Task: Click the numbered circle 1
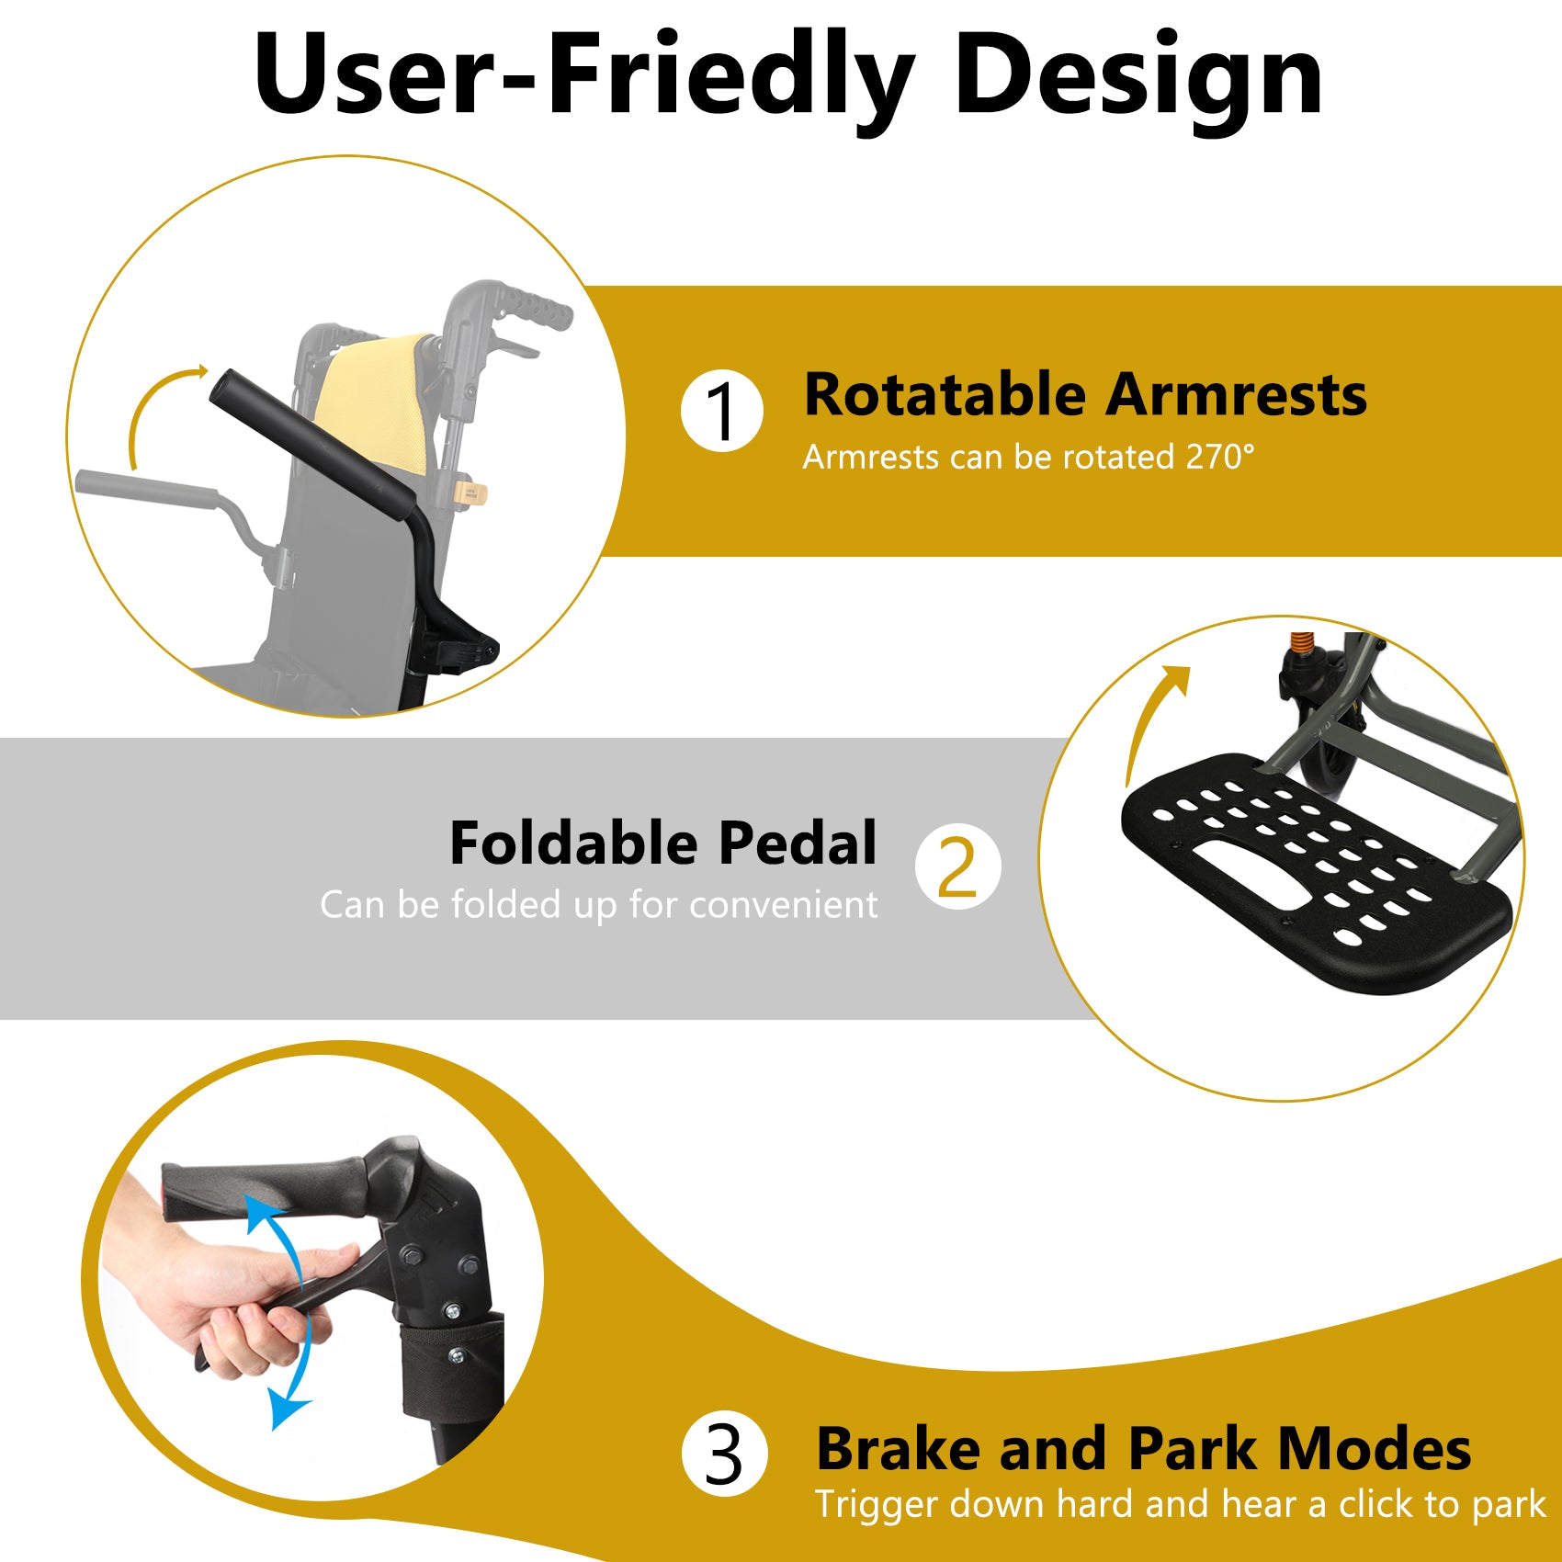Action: click(721, 411)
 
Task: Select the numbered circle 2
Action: click(957, 866)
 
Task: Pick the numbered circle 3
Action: click(723, 1454)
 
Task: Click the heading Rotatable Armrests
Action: click(1085, 395)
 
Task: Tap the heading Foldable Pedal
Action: click(662, 843)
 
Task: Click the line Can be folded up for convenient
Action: click(598, 905)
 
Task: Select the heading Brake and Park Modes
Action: click(1143, 1449)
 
